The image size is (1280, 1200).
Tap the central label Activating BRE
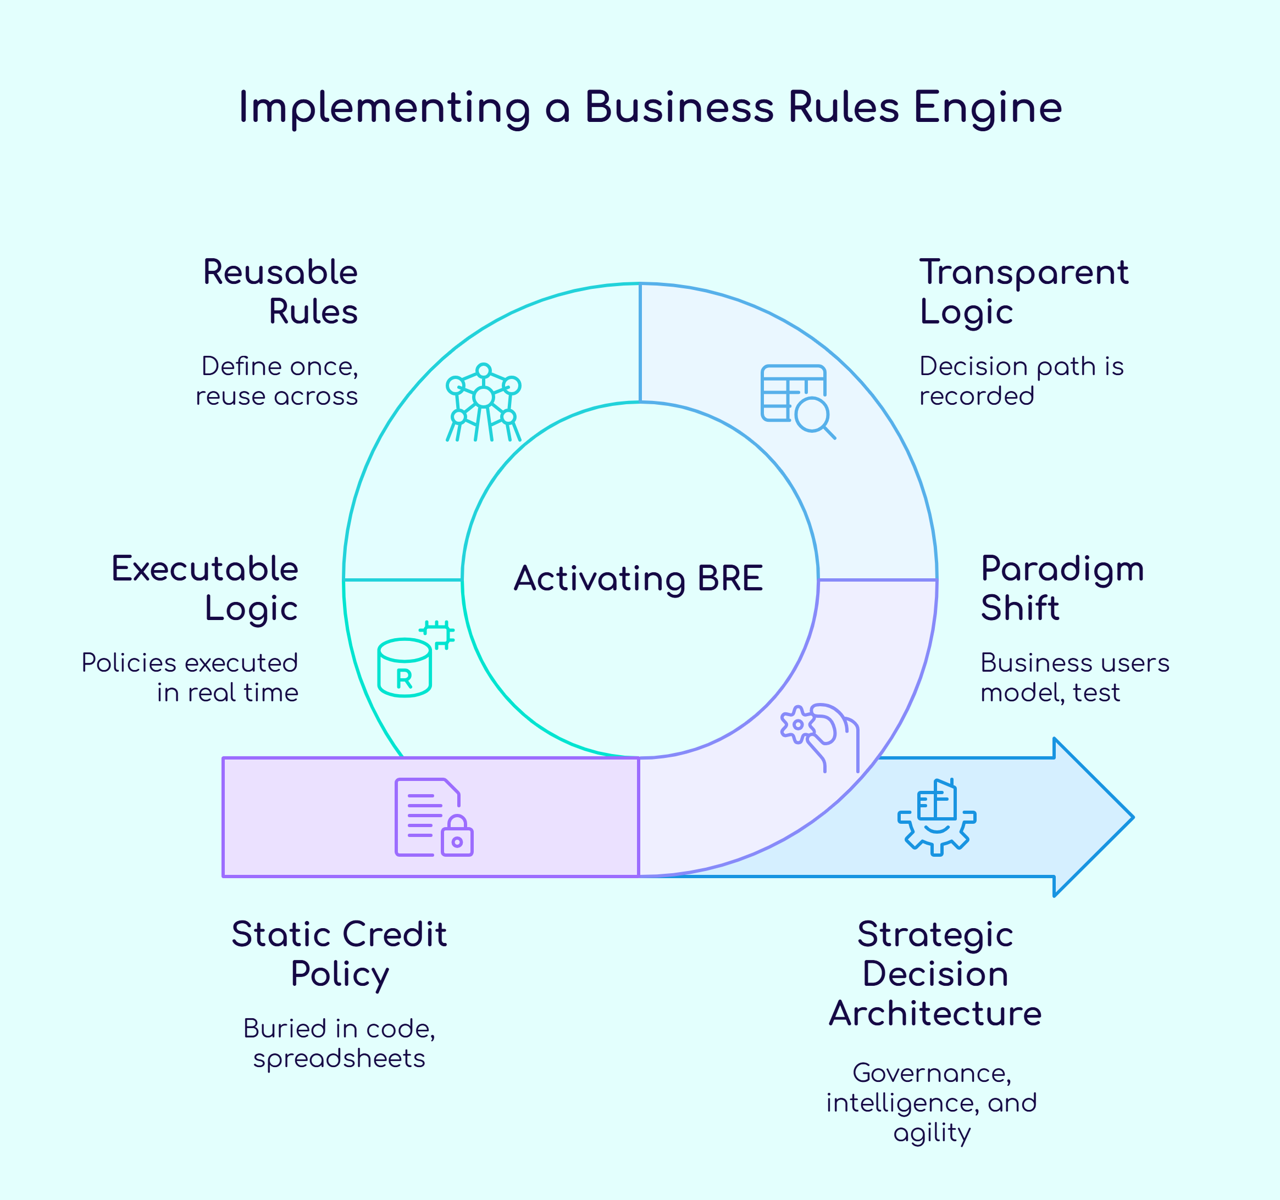pyautogui.click(x=638, y=578)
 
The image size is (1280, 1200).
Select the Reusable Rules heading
pyautogui.click(x=281, y=292)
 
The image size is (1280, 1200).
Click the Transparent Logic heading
pyautogui.click(x=1023, y=292)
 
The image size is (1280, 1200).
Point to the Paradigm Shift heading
pyautogui.click(x=1062, y=588)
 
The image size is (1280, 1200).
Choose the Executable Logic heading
pyautogui.click(x=206, y=588)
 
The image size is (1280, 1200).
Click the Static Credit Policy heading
pyautogui.click(x=339, y=953)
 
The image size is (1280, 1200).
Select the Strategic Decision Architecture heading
pyautogui.click(x=935, y=974)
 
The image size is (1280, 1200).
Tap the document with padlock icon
pyautogui.click(x=433, y=817)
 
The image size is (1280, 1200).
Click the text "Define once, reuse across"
pyautogui.click(x=278, y=381)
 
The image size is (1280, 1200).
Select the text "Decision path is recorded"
pyautogui.click(x=1021, y=381)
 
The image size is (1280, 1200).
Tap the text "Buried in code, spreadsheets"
pyautogui.click(x=339, y=1043)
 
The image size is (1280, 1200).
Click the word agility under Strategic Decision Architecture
pyautogui.click(x=932, y=1132)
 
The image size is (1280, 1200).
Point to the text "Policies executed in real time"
pyautogui.click(x=191, y=678)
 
